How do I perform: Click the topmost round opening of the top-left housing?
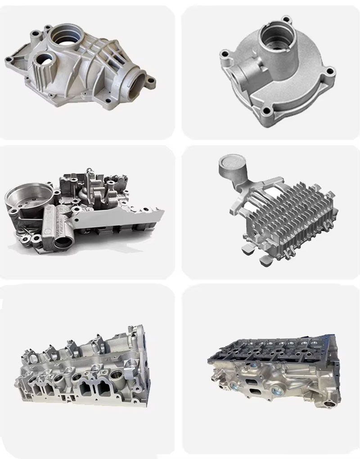coord(67,36)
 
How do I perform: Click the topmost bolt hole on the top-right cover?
coord(284,20)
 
